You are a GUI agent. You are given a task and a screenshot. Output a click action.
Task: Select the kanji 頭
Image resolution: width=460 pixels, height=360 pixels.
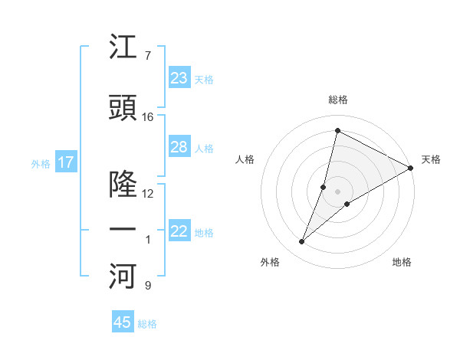[123, 107]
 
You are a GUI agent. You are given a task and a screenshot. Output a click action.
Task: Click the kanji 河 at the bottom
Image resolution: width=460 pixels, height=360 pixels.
[123, 277]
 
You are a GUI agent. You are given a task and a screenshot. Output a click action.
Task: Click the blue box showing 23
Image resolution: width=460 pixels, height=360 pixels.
[179, 78]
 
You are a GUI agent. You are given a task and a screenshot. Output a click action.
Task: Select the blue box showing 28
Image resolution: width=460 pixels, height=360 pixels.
[179, 147]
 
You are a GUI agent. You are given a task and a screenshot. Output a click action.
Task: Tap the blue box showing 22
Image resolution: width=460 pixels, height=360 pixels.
[179, 231]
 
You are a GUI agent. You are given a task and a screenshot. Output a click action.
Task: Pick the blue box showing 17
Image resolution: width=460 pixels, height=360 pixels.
[65, 162]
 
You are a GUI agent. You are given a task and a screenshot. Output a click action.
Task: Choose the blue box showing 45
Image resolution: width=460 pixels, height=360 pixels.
[123, 322]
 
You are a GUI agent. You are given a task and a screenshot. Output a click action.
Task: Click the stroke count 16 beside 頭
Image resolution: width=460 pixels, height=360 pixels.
[148, 117]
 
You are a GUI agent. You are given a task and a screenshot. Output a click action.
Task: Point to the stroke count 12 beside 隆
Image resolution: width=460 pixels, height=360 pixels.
[148, 194]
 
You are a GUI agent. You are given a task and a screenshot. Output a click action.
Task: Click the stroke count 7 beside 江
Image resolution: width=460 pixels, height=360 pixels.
[147, 55]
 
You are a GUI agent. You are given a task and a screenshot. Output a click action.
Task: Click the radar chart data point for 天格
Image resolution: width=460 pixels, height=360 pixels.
[411, 168]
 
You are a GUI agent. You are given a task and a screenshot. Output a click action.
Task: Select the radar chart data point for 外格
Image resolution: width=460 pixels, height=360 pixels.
[301, 242]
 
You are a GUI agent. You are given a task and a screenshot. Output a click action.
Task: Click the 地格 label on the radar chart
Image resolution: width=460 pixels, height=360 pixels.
[402, 262]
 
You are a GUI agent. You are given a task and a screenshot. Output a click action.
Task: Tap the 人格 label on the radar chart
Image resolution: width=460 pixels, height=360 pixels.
[245, 159]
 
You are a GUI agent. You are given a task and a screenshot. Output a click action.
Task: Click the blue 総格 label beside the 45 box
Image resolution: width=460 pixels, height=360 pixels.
[147, 324]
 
